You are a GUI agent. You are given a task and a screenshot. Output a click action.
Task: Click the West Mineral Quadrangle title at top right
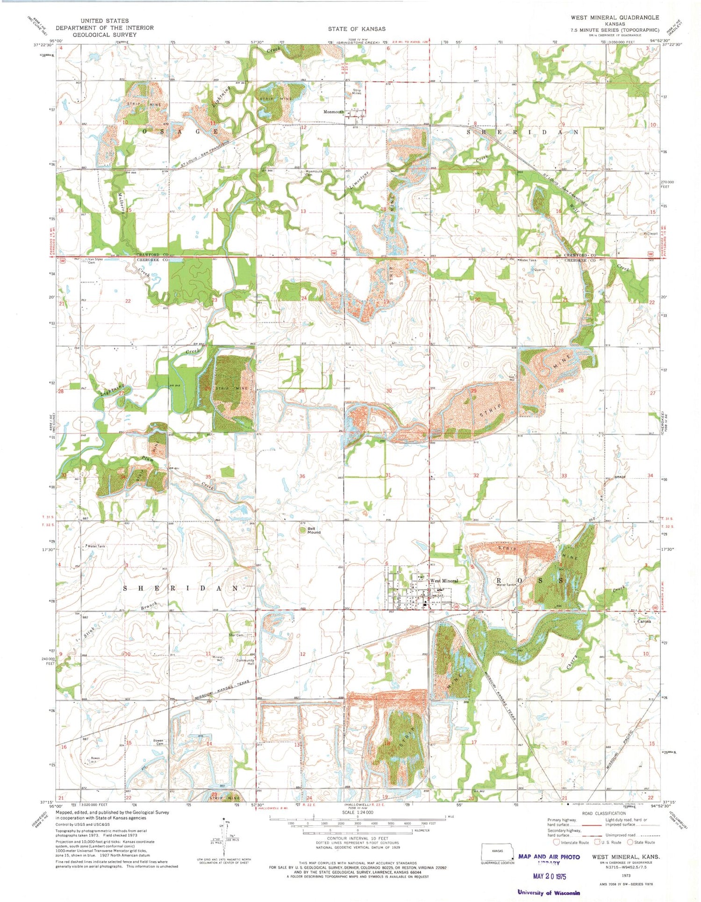pos(615,17)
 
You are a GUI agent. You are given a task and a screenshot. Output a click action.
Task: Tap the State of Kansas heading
pos(357,29)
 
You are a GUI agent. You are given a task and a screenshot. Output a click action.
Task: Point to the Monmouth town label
pos(334,112)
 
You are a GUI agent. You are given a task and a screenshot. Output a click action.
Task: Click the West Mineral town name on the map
pos(443,581)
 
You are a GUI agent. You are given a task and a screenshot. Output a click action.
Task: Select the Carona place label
pos(644,621)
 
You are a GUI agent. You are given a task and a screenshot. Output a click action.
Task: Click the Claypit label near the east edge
pos(652,233)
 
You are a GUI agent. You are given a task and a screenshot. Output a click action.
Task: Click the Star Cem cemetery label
pos(236,635)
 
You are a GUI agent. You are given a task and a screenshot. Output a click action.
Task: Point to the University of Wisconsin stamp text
pos(549,893)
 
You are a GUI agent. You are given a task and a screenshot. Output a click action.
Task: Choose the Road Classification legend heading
pos(602,813)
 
